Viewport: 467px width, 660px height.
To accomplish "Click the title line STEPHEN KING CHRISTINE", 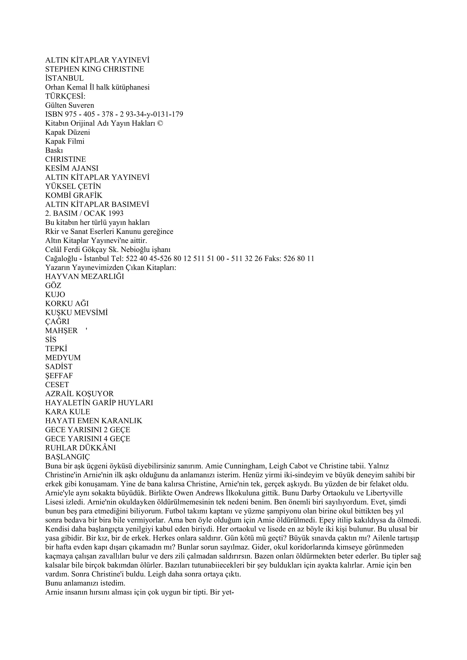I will (95, 69).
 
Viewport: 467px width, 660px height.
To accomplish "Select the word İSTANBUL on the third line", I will (64, 78).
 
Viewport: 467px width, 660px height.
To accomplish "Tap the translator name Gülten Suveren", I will (70, 105).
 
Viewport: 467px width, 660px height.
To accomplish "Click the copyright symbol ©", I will (160, 123).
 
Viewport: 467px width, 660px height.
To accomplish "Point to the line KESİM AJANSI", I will (72, 168).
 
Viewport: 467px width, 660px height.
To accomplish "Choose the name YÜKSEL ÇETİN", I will (73, 186).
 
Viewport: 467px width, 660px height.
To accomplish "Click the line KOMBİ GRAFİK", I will (74, 196).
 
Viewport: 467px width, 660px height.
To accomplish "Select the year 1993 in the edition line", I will (115, 213).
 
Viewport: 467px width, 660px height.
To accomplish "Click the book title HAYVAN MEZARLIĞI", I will (85, 276).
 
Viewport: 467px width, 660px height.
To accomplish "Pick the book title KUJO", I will (55, 295).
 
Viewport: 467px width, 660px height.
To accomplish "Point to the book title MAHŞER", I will (62, 331).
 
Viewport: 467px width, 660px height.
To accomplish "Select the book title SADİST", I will (59, 366).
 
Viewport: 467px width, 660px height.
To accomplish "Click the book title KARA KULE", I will (67, 412).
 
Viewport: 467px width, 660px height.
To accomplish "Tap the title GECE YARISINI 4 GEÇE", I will (88, 439).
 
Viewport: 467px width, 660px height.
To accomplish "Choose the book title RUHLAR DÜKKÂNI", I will (80, 448).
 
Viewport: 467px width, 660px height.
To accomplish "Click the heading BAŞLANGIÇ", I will (67, 457).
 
